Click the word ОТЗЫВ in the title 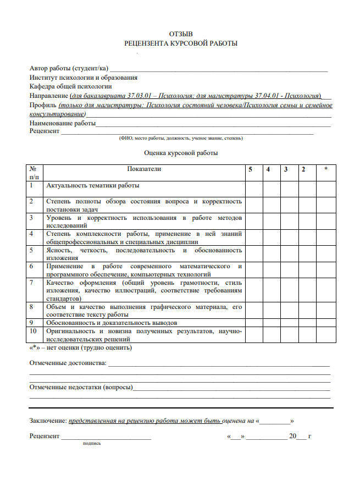(181, 34)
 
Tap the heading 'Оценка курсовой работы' (181, 153)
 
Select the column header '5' (251, 169)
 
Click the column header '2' (303, 169)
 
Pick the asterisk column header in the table (326, 169)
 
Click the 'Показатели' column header (144, 169)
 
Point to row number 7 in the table (32, 283)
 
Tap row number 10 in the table (34, 332)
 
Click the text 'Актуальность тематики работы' (93, 186)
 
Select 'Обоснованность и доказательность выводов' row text (119, 323)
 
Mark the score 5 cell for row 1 (253, 189)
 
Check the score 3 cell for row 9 (288, 323)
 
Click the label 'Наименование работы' (62, 123)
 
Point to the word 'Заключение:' (48, 421)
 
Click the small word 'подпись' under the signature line (92, 443)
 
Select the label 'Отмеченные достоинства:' (68, 363)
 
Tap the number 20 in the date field (292, 436)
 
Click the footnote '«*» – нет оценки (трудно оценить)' (80, 347)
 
